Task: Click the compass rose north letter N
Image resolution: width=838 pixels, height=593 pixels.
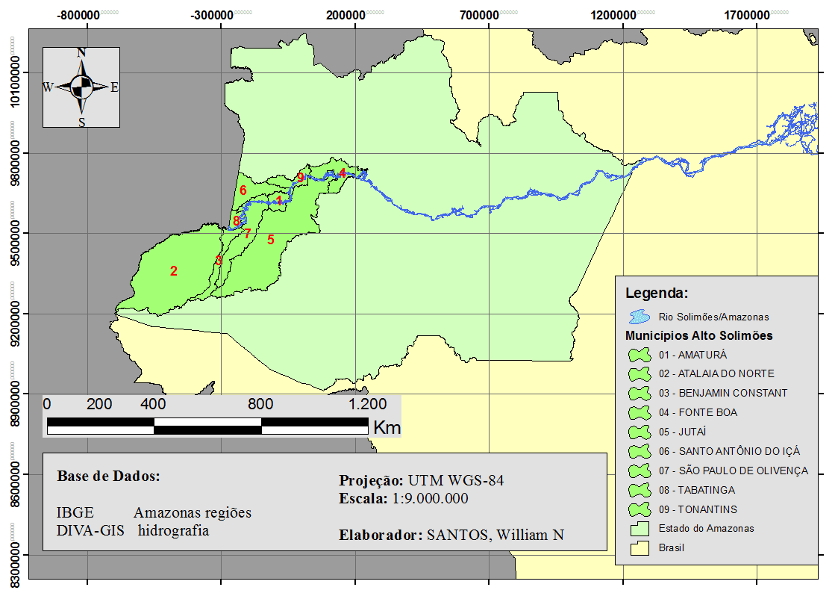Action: tap(81, 52)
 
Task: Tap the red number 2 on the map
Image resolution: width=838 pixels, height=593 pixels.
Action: tap(174, 271)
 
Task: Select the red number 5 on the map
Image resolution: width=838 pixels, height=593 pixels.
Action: tap(271, 240)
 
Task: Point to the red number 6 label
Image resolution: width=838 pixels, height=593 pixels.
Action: tap(243, 190)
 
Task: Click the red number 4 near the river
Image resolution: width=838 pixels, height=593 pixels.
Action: tap(342, 173)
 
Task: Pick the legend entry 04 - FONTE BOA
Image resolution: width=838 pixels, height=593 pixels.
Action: tap(698, 412)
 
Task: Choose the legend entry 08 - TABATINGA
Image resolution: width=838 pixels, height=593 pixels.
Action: tap(696, 490)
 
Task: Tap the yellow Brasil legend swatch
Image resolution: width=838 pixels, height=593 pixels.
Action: tap(640, 547)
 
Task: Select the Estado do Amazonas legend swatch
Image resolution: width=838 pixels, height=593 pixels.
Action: tap(640, 528)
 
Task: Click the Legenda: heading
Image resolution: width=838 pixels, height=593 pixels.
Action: tap(656, 293)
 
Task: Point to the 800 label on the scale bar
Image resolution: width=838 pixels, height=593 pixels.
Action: tap(260, 405)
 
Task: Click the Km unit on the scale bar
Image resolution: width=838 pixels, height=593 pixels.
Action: tap(387, 428)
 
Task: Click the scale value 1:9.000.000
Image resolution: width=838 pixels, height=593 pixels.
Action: tap(430, 498)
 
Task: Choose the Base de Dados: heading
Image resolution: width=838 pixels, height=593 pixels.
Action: tap(109, 476)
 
